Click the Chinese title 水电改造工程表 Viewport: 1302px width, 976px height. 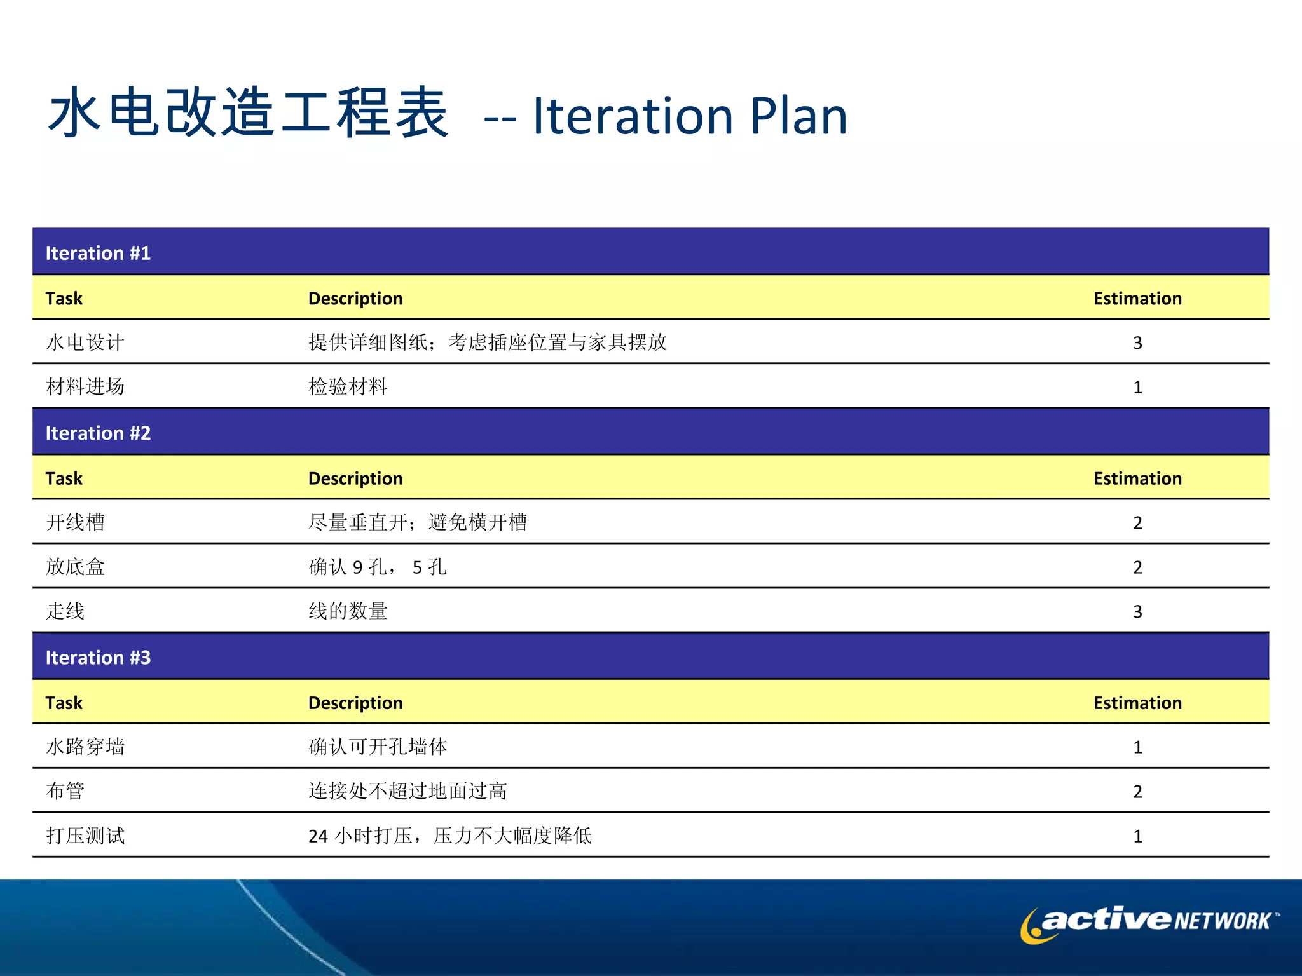coord(248,113)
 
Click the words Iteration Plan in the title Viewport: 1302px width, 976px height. coord(690,116)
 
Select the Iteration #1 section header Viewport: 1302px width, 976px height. coord(98,253)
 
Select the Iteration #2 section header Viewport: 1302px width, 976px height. coord(98,433)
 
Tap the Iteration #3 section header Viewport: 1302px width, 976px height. coord(98,657)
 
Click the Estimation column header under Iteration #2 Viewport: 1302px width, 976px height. coord(1137,478)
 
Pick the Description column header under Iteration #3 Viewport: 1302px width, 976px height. coord(355,702)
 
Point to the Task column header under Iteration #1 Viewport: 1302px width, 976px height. coord(64,298)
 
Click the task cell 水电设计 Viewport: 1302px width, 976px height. coord(85,342)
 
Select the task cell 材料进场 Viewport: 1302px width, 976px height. coord(85,386)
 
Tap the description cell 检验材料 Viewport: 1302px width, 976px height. coord(348,386)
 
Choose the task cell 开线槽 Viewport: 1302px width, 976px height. coord(75,522)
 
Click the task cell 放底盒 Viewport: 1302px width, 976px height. coord(75,567)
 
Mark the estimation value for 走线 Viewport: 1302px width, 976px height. coord(1137,611)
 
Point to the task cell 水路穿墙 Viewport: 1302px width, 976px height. coord(85,747)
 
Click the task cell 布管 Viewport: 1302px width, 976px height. coord(65,791)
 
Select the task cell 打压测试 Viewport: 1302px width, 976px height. coord(85,836)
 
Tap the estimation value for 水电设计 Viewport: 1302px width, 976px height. coord(1137,343)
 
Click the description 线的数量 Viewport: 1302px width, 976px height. coord(348,611)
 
